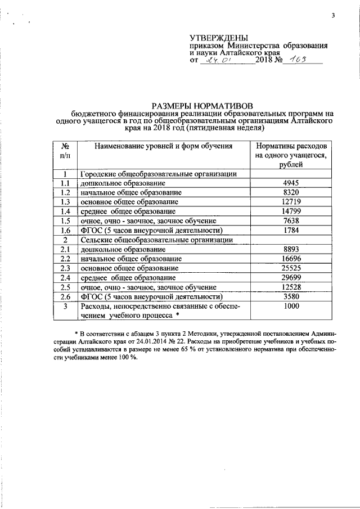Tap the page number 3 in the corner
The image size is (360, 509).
pos(332,15)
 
